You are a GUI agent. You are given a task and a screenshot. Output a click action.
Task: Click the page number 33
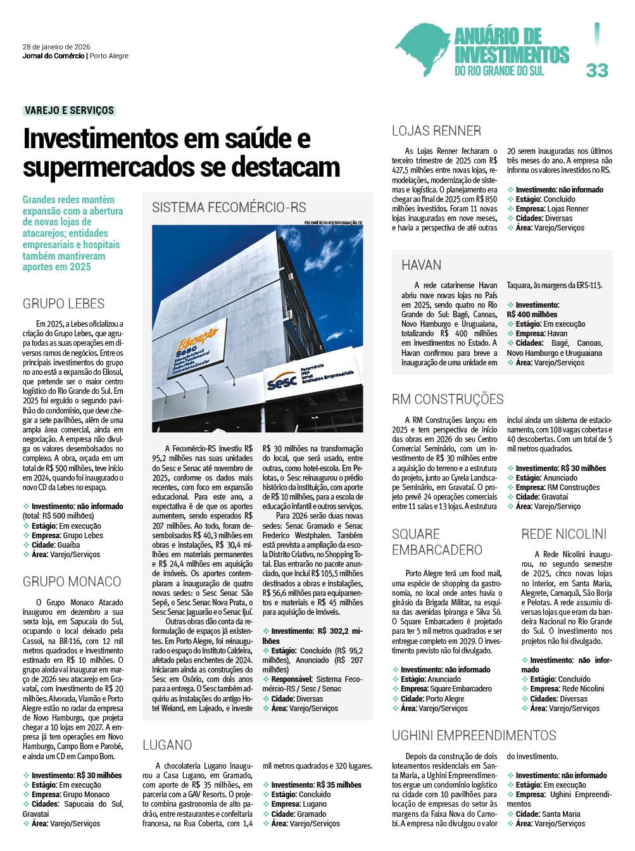pos(596,70)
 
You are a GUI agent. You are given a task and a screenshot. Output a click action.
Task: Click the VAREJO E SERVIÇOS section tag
pos(69,110)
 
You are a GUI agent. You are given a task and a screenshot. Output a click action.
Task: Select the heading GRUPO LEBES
pos(63,303)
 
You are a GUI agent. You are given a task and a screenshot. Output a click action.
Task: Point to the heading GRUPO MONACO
pos(72,581)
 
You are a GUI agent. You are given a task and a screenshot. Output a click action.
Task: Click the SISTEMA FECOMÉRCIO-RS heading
pos(229,207)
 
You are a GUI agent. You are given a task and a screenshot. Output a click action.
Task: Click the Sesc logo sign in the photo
pos(282,382)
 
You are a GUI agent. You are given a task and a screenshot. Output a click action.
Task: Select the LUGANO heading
pos(167,745)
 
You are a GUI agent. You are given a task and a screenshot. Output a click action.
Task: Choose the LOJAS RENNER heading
pos(436,131)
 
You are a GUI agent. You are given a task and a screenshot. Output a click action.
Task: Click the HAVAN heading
pos(421,265)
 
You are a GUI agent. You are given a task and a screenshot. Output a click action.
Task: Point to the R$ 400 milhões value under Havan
pos(532,314)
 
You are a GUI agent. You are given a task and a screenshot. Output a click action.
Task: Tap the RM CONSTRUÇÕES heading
pos(448,399)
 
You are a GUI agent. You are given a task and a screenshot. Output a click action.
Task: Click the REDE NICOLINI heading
pos(563,534)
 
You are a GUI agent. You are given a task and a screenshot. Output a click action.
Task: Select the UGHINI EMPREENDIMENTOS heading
pos(474,735)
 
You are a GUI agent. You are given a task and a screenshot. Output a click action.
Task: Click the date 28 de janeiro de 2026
pos(56,47)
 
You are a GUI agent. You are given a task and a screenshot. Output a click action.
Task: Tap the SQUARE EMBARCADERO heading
pos(437,541)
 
